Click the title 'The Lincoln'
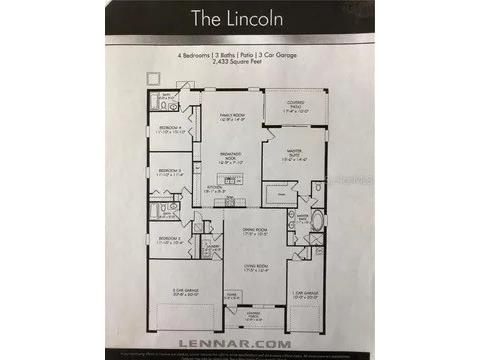click(x=239, y=19)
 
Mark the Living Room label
click(x=240, y=267)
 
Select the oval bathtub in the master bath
click(x=318, y=220)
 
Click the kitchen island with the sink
click(x=229, y=180)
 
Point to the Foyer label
click(x=231, y=296)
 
